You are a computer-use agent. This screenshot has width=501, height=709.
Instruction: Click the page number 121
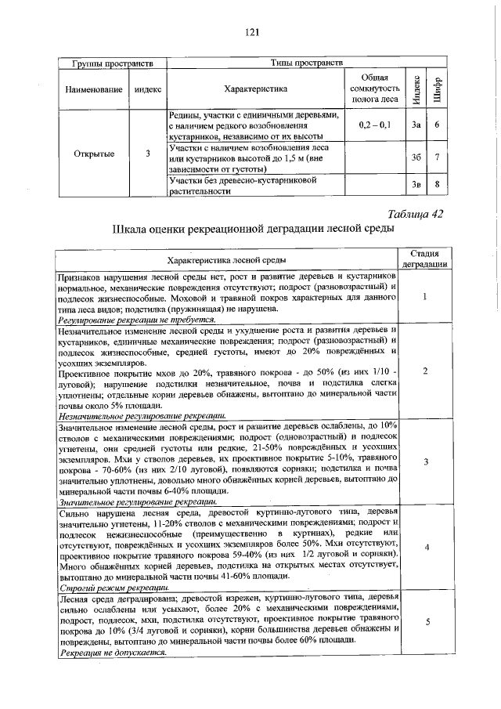coord(251,32)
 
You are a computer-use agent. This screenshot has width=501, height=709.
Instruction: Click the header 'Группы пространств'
coord(106,63)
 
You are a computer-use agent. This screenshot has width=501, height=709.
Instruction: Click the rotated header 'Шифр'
coord(438,88)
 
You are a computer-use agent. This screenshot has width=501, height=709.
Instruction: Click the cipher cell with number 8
coord(438,185)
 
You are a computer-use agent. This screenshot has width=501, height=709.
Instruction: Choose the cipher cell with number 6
coord(438,125)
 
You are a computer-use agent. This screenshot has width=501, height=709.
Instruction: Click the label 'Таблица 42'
coord(416,215)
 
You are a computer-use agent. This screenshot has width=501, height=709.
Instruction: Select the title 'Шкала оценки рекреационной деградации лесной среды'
coord(251,230)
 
